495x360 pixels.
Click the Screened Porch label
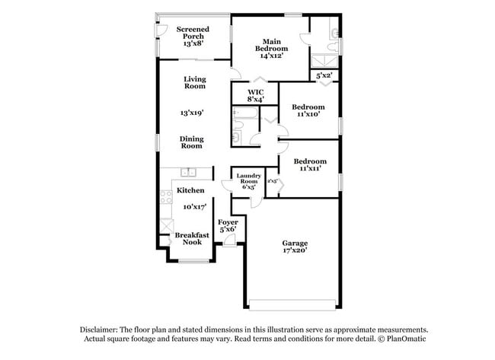193,33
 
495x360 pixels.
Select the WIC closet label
254,92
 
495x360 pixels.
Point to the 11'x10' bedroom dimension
309,114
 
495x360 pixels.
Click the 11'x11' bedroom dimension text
309,168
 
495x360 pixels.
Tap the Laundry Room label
248,180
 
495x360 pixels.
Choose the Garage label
294,243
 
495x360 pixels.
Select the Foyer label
228,221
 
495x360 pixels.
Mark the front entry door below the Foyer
228,242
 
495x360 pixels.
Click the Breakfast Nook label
192,238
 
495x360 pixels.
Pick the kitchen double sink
188,171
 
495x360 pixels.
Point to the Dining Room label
191,142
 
